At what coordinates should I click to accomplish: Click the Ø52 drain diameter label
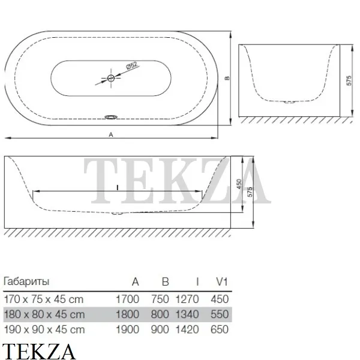tap(132, 65)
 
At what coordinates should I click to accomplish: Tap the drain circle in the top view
tap(111, 78)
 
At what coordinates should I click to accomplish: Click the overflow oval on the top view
tap(111, 117)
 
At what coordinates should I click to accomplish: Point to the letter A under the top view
tap(111, 135)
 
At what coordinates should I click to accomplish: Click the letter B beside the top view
tap(227, 78)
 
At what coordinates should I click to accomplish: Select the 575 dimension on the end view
tap(349, 80)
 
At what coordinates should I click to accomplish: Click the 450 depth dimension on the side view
tap(239, 184)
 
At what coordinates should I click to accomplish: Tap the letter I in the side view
tap(118, 188)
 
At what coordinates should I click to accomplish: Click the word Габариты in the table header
tap(26, 281)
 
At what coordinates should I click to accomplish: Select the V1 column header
tap(221, 281)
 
